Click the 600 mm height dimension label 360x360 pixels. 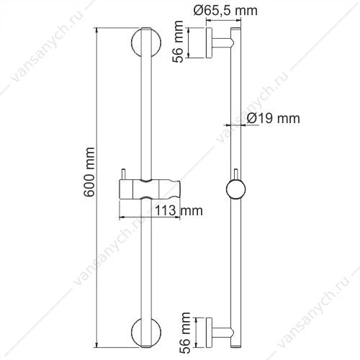coord(89,172)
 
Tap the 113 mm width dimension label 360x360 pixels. coord(179,210)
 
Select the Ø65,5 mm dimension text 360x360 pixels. coord(225,11)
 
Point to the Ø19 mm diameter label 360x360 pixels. coord(273,118)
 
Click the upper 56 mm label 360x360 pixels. coord(178,42)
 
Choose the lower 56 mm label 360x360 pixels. coord(185,333)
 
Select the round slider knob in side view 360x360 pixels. coord(235,189)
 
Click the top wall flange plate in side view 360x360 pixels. coord(209,43)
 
